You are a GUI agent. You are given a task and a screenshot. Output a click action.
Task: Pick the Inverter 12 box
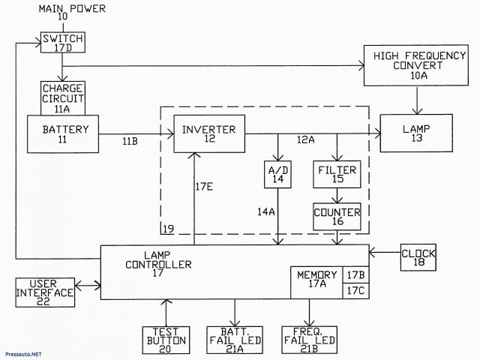(x=208, y=134)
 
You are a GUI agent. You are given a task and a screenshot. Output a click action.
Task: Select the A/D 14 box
(x=278, y=175)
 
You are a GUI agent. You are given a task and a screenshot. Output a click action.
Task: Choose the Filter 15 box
(x=337, y=175)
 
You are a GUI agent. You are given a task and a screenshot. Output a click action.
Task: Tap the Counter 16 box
(x=337, y=217)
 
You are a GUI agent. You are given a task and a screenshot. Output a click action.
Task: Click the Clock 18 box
(x=418, y=258)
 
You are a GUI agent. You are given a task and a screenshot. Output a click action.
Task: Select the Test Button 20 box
(x=164, y=340)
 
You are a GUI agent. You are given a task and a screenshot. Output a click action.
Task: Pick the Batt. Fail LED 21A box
(x=235, y=340)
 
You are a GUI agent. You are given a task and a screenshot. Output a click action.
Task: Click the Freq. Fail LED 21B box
(x=307, y=340)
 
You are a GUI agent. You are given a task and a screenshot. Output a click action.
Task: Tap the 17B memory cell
(x=355, y=274)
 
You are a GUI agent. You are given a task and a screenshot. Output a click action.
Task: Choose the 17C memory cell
(x=355, y=290)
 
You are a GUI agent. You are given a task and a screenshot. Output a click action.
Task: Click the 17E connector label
(x=205, y=187)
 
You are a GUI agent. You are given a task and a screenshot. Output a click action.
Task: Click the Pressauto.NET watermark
(x=23, y=352)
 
